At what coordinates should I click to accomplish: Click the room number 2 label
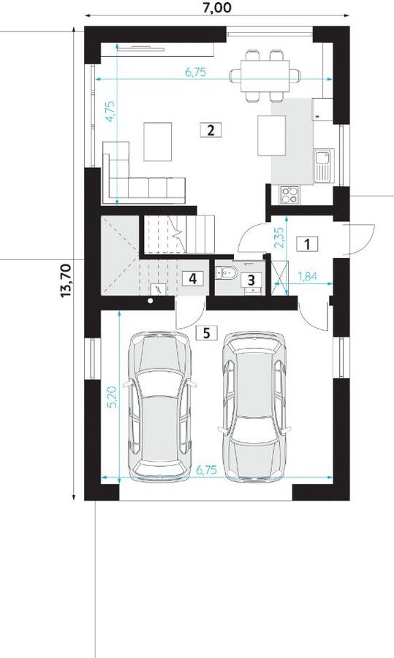[211, 130]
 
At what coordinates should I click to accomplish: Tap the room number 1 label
[307, 243]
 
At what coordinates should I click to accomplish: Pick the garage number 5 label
[207, 333]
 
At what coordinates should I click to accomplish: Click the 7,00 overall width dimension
[217, 7]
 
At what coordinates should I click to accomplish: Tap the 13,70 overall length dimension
[67, 281]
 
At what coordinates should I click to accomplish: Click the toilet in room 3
[226, 273]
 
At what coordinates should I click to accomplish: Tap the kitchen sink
[323, 165]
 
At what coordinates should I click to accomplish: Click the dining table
[265, 75]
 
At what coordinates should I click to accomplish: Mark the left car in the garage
[161, 406]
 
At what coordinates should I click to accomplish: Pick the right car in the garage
[255, 406]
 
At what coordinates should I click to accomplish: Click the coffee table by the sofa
[157, 142]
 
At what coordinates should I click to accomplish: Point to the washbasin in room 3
[252, 288]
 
